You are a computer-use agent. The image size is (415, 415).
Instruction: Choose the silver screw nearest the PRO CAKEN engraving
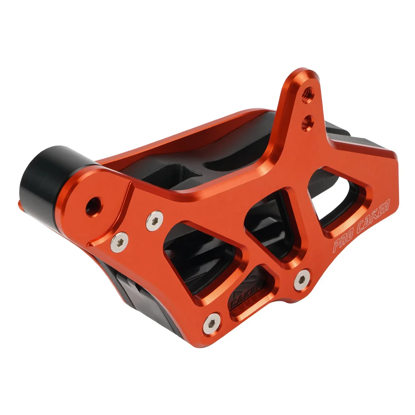pos(302,279)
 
